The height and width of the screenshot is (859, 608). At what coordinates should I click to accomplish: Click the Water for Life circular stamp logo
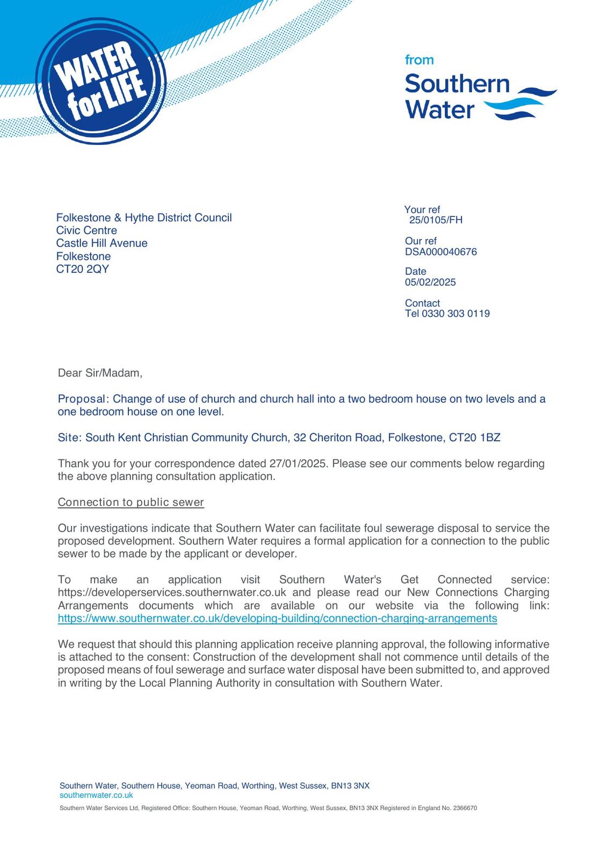click(x=100, y=81)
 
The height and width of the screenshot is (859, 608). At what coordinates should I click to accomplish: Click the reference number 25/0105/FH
click(x=436, y=220)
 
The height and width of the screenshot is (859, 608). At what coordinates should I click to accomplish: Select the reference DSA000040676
click(x=440, y=252)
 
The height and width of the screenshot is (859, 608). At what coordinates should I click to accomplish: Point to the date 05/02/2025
click(x=430, y=282)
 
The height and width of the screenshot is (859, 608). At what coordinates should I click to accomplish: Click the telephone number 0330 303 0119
click(x=455, y=314)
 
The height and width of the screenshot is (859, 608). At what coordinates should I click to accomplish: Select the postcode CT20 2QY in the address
click(x=83, y=269)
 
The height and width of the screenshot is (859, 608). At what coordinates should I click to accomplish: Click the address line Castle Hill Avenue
click(x=102, y=243)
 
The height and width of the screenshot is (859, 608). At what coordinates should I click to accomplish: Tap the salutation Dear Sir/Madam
click(x=100, y=373)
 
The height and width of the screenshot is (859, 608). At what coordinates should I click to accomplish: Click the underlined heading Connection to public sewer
click(x=131, y=503)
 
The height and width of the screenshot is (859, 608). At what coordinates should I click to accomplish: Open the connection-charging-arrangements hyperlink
click(x=277, y=618)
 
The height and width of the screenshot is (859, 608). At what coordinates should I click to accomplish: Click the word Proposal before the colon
click(x=82, y=399)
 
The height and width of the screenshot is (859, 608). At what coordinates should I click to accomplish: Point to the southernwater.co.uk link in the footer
click(x=96, y=795)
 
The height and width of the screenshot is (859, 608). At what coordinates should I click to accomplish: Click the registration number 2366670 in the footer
click(x=465, y=808)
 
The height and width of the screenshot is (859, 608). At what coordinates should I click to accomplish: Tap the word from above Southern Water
click(x=419, y=60)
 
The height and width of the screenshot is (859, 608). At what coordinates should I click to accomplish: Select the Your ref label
click(x=422, y=210)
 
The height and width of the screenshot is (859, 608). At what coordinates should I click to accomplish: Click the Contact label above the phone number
click(x=422, y=303)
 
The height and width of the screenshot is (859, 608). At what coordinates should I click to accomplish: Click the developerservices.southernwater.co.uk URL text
click(x=172, y=593)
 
